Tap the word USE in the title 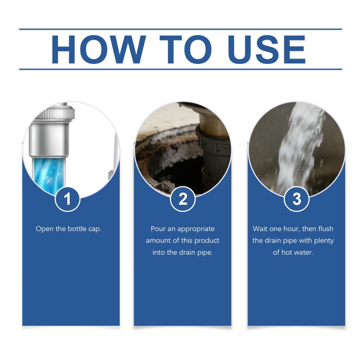point(267,49)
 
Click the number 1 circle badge point(67,199)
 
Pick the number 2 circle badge point(183,199)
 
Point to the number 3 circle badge point(297,199)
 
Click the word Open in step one point(45,229)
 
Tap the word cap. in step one point(94,229)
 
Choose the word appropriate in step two point(196,229)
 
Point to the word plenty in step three point(324,241)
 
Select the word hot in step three point(287,252)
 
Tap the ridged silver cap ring point(54,114)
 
